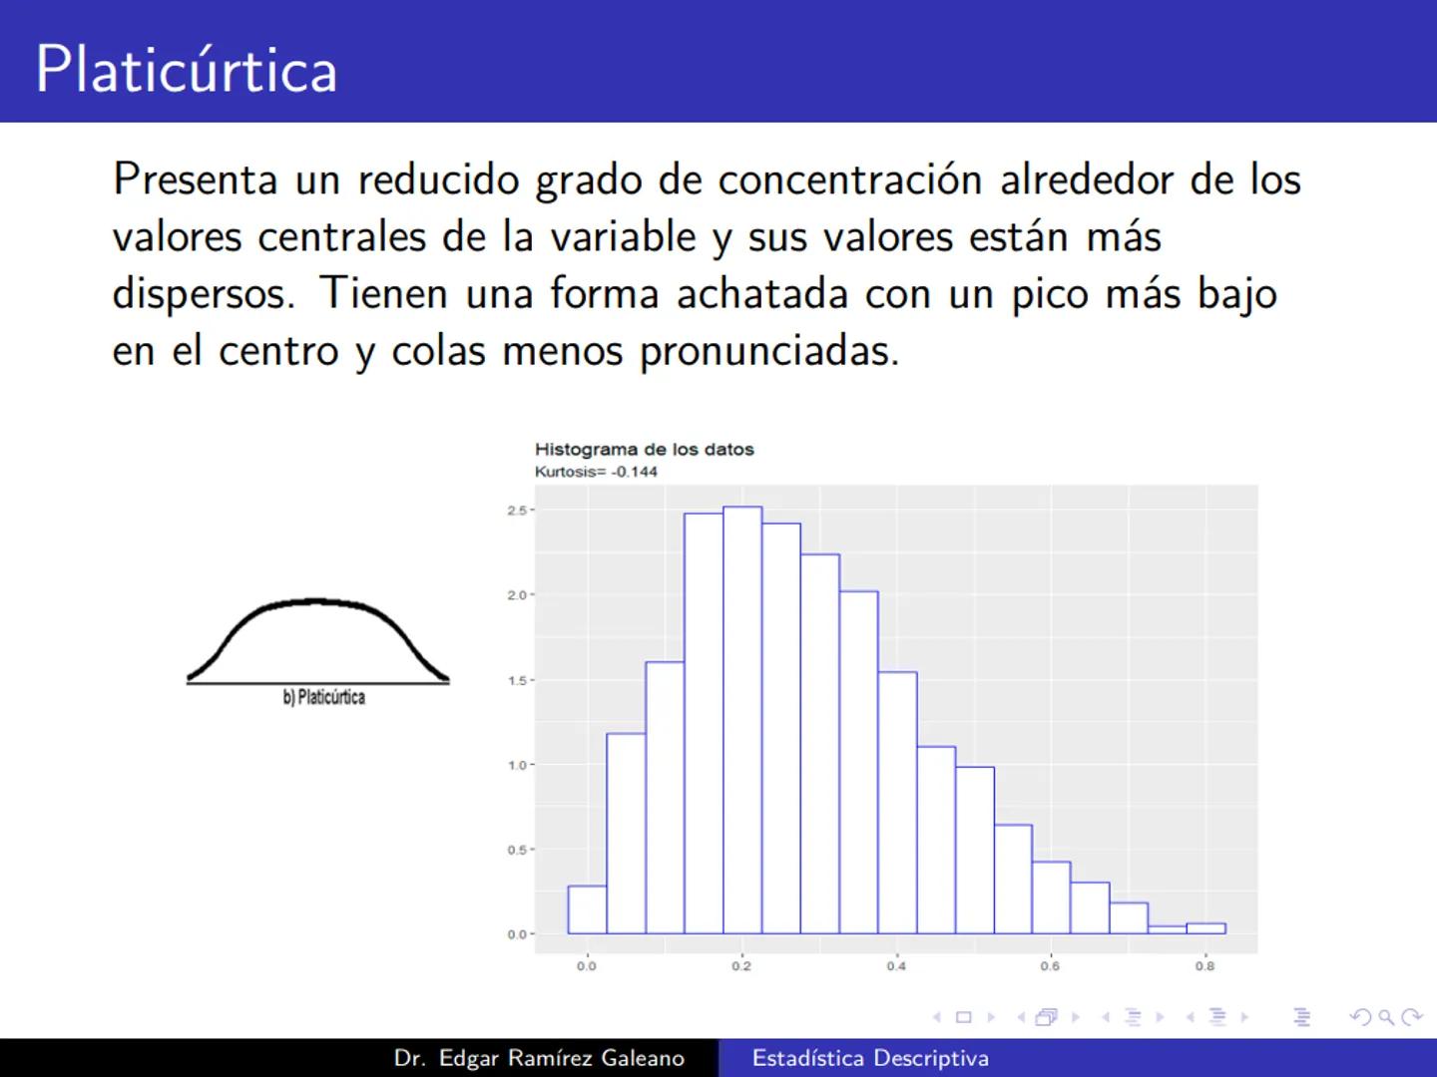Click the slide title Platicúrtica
(187, 69)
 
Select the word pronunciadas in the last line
(768, 352)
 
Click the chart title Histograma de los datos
(644, 449)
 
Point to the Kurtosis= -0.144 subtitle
(596, 472)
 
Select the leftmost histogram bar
(587, 909)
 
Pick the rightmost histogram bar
(1205, 928)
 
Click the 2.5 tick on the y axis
(517, 511)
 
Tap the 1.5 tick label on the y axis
(517, 680)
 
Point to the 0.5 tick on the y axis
(517, 850)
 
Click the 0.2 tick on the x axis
(741, 965)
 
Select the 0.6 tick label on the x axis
(1051, 965)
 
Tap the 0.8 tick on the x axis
(1205, 965)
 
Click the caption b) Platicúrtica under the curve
(323, 697)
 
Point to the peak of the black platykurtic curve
(316, 601)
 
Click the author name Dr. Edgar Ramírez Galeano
(539, 1058)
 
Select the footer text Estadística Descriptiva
(870, 1058)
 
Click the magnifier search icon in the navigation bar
(1385, 1017)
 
